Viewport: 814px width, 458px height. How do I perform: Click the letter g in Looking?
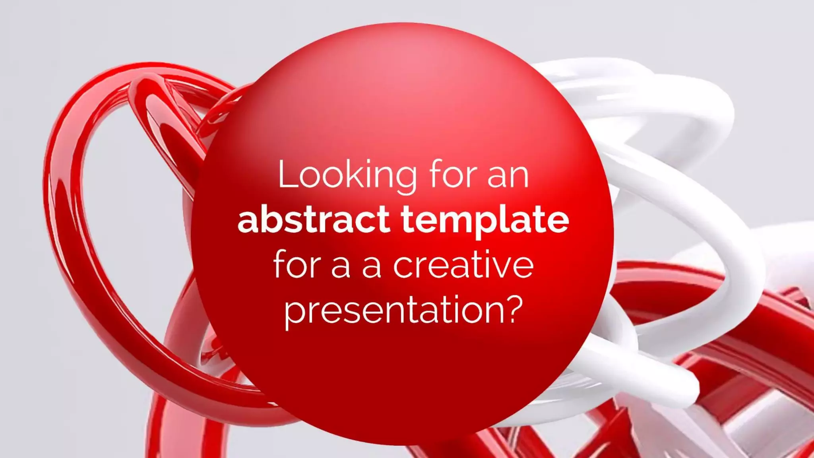tap(405, 179)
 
